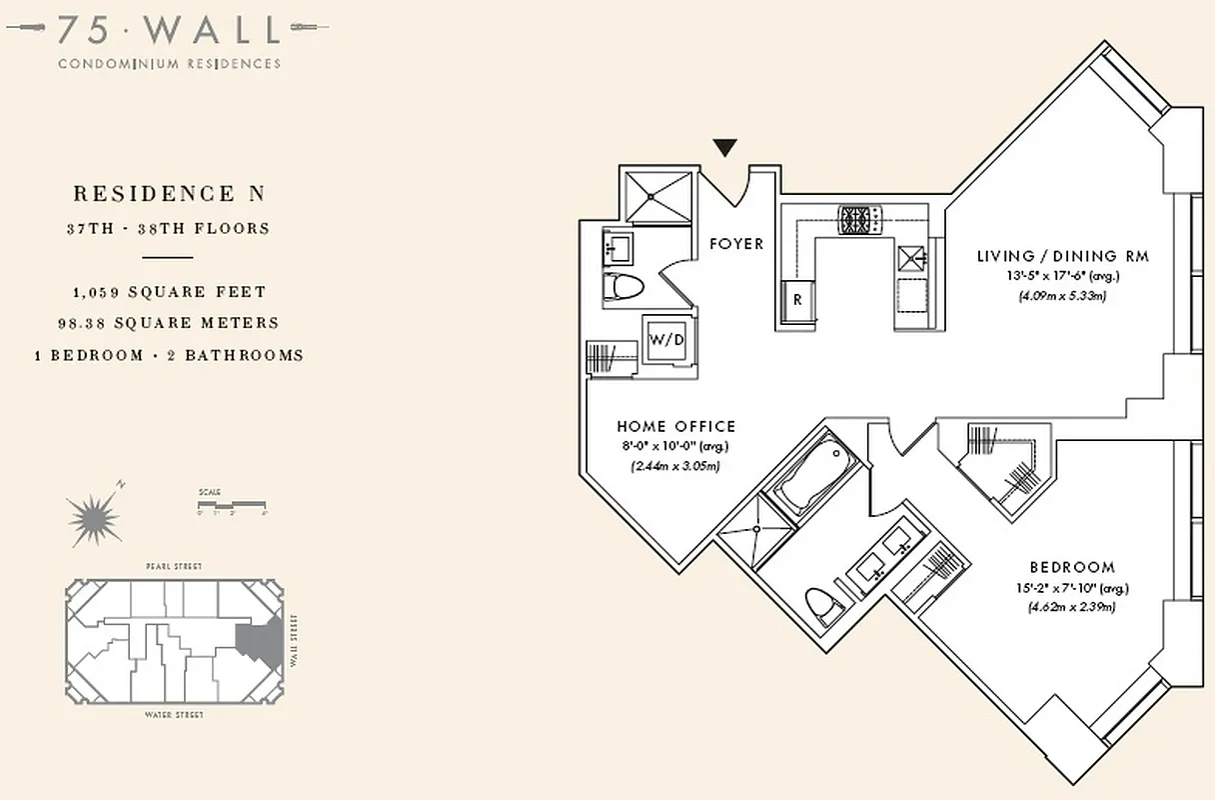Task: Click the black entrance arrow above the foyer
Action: coord(725,148)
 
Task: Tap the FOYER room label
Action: coord(736,243)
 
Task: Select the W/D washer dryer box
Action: coord(667,339)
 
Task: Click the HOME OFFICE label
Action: coord(675,427)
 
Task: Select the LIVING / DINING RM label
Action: coord(1062,256)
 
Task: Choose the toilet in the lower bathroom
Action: coord(821,604)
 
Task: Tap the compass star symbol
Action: coord(95,517)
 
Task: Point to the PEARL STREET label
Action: coord(172,567)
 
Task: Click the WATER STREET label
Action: coord(173,715)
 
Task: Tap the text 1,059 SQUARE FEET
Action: coord(169,292)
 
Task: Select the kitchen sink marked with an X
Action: coord(911,257)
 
